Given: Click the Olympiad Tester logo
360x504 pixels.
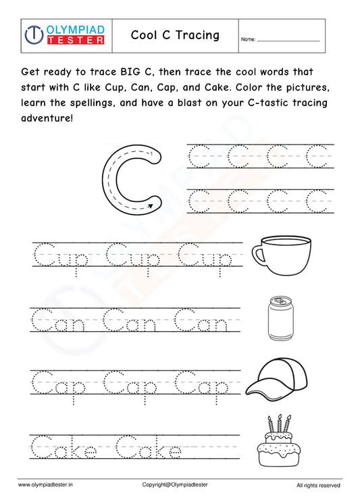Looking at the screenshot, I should click(64, 35).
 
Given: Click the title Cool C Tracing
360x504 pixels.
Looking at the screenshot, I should click(175, 35).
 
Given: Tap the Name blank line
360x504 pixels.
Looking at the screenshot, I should click(288, 41).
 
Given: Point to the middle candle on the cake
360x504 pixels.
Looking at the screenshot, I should click(278, 424).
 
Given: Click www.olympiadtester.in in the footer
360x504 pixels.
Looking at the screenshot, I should click(47, 485).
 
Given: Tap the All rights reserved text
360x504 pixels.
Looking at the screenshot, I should click(318, 485).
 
